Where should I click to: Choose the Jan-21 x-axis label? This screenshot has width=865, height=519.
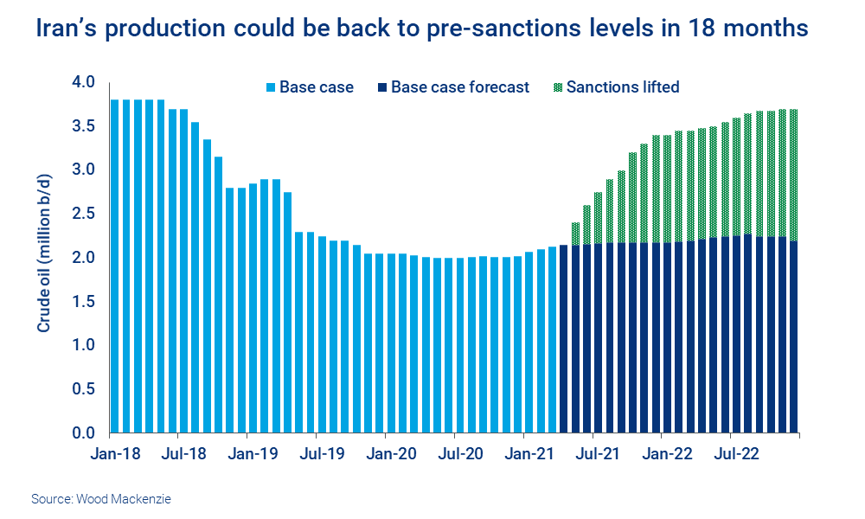528,453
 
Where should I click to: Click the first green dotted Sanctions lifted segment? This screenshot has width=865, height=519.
575,234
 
